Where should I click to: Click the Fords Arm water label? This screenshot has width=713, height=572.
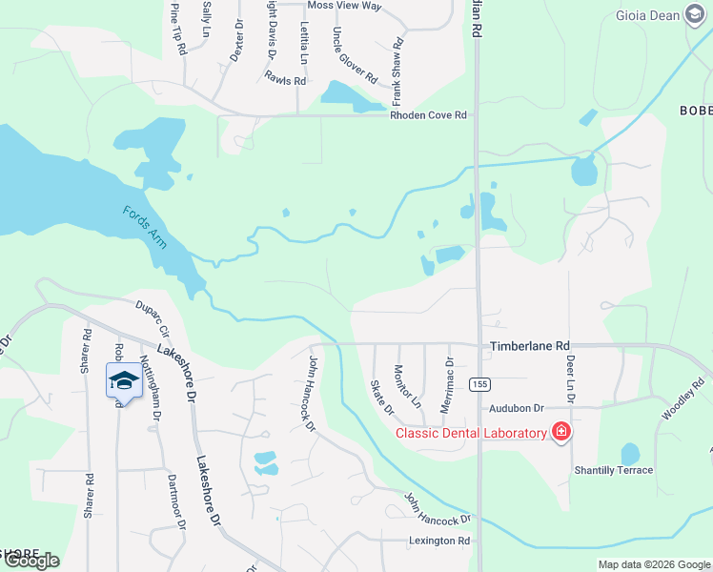144,226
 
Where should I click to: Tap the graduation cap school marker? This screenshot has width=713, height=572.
124,380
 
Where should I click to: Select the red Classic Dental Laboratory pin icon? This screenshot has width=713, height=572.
561,432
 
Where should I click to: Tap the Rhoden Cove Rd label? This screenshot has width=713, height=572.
428,115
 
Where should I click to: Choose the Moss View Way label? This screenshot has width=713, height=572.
345,6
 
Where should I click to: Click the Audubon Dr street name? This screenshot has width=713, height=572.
517,408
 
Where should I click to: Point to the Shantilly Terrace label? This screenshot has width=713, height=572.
613,470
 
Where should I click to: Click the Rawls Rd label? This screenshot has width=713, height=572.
285,81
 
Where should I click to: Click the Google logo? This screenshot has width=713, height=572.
31,561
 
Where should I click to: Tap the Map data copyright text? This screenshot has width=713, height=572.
653,564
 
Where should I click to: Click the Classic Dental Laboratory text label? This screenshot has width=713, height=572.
472,434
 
